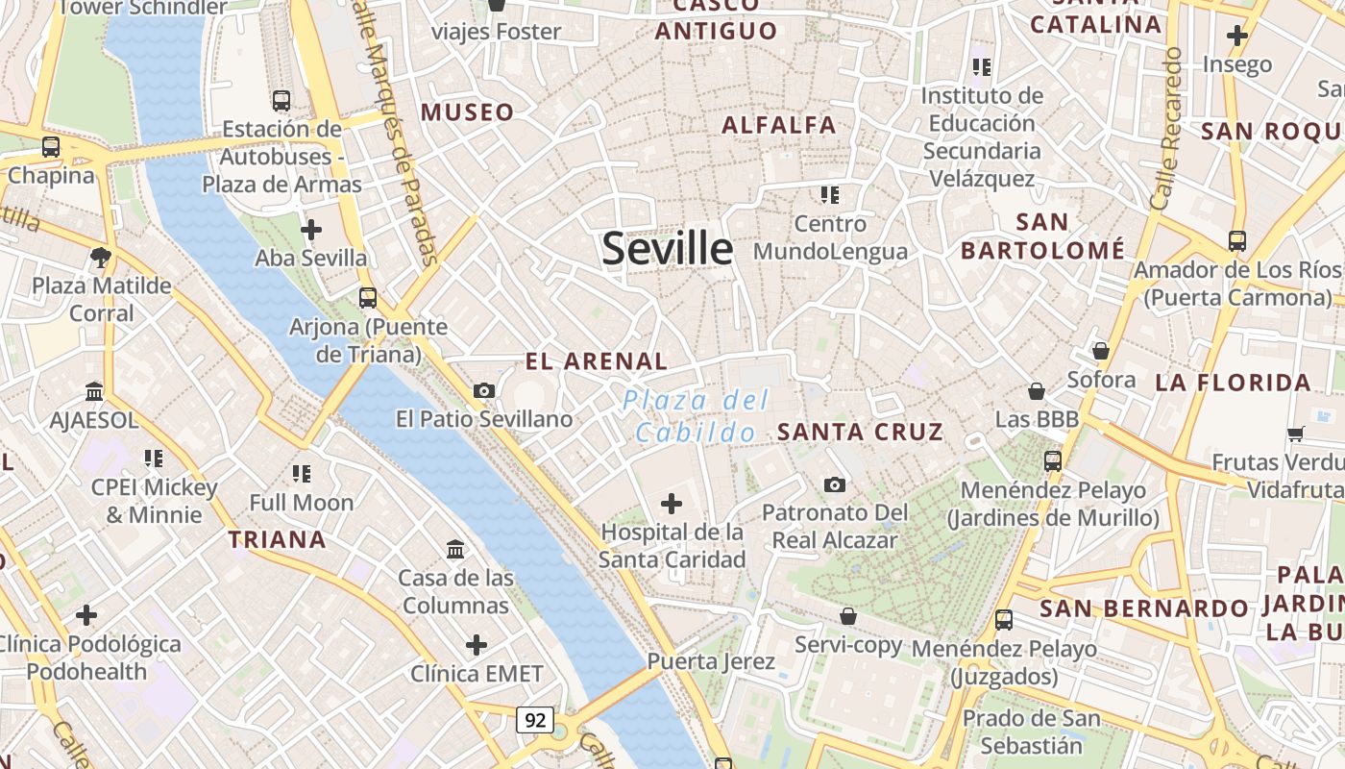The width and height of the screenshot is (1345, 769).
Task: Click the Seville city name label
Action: click(x=668, y=249)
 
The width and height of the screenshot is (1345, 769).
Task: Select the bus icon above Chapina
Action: click(x=51, y=147)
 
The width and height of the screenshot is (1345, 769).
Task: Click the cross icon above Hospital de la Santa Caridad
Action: click(x=672, y=503)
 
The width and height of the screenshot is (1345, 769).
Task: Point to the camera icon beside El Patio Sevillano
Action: click(x=484, y=390)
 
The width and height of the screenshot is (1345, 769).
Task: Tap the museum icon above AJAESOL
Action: click(x=94, y=391)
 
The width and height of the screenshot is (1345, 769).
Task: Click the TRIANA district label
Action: click(x=277, y=539)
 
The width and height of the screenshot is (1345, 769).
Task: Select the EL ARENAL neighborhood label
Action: click(x=596, y=361)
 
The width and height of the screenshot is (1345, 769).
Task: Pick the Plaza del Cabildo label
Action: click(x=697, y=415)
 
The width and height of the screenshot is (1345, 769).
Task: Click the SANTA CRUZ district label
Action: click(x=860, y=432)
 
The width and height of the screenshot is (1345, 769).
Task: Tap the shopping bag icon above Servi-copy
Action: click(x=847, y=615)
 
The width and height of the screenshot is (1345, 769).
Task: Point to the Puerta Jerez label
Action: click(x=710, y=661)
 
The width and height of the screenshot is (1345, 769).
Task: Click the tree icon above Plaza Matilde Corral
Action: click(x=100, y=257)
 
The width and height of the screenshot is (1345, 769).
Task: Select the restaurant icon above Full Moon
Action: click(x=302, y=473)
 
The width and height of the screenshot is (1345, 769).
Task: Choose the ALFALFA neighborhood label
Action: click(x=778, y=124)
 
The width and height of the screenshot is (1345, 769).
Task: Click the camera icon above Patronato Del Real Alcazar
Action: click(x=835, y=484)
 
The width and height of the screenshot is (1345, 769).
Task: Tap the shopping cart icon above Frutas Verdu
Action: click(x=1295, y=434)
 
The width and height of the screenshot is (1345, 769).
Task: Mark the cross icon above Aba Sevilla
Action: click(x=310, y=230)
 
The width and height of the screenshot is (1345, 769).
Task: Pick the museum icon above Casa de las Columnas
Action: click(x=455, y=549)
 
